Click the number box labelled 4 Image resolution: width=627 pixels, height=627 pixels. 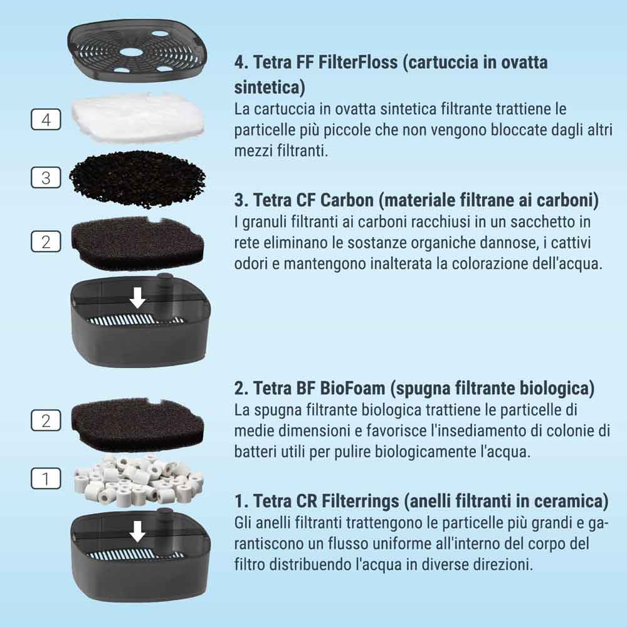pos(46,119)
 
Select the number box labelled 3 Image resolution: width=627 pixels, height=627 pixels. pos(46,177)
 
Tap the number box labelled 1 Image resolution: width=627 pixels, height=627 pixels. pos(46,478)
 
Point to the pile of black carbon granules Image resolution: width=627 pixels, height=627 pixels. pos(137,179)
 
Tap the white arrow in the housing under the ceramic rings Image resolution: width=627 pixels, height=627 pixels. pos(138,532)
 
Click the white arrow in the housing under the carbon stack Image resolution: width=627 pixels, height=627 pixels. pos(138,298)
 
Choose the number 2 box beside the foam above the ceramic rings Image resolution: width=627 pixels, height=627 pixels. pos(46,420)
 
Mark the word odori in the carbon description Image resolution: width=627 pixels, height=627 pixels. pos(251,263)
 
